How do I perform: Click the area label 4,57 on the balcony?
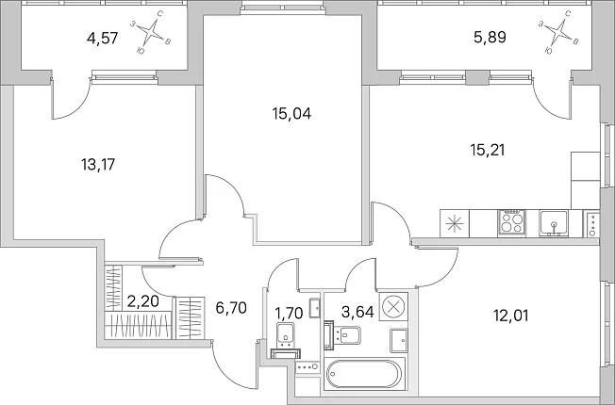point(102,39)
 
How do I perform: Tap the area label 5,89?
point(490,38)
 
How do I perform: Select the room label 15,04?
point(291,114)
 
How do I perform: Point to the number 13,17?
point(98,165)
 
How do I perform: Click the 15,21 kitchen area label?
point(487,150)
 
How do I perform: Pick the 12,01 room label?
point(510,316)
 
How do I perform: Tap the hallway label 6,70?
point(231,308)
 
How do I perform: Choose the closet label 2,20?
point(143,301)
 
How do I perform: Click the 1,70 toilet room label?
point(289,314)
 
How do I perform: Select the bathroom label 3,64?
point(357,312)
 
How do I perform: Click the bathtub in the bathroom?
point(364,374)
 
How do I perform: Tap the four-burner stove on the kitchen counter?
point(511,223)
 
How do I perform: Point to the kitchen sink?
point(554,223)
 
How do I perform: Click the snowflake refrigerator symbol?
point(455,223)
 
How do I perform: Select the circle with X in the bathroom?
point(393,306)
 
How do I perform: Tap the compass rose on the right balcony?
point(560,32)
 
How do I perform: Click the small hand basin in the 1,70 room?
point(314,307)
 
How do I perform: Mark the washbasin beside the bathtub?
point(398,341)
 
